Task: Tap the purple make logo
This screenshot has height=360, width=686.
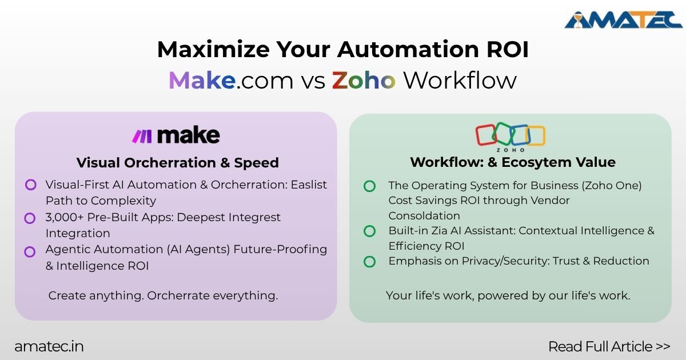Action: tap(176, 136)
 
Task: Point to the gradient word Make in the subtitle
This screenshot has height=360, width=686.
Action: tap(202, 81)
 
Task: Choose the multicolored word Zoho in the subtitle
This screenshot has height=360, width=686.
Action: tap(364, 81)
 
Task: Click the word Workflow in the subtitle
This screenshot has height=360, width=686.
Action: tap(460, 81)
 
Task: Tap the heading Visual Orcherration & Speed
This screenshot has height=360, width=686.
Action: tap(177, 163)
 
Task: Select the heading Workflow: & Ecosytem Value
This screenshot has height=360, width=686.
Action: tap(512, 162)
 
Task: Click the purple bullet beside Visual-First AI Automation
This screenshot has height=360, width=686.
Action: tap(30, 185)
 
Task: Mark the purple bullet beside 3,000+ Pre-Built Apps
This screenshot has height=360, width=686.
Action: tap(30, 218)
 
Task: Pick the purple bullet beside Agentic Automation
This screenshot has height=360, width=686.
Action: tap(30, 250)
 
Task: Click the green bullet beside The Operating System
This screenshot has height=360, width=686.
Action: tap(370, 186)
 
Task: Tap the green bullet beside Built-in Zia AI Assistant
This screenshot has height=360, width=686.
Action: tap(370, 231)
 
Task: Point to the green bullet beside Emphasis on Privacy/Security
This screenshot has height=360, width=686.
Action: tap(370, 261)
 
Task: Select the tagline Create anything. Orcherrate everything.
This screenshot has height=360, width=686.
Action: tap(163, 296)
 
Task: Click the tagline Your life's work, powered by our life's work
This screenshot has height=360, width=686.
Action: tap(508, 296)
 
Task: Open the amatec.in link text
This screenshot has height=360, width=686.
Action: tap(49, 346)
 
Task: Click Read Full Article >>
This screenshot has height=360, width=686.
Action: tap(608, 346)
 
